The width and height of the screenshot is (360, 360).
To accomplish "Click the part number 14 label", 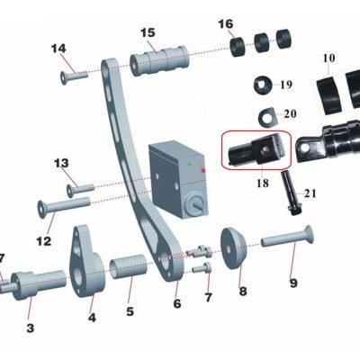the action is click(x=58, y=49).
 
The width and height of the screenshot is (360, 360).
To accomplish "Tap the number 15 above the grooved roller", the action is click(x=148, y=32).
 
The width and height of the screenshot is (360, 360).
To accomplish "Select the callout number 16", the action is click(x=226, y=23).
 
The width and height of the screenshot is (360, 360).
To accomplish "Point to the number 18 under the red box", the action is click(x=263, y=183).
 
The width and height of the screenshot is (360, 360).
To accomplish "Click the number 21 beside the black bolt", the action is click(x=310, y=193).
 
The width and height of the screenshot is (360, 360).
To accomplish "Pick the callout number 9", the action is click(x=293, y=283).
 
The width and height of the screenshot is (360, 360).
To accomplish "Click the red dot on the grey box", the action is click(x=203, y=171).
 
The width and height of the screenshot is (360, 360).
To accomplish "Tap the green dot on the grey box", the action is click(x=189, y=164).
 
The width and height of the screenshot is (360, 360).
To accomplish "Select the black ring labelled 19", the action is click(x=263, y=85).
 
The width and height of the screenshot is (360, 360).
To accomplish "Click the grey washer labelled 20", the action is click(x=268, y=117).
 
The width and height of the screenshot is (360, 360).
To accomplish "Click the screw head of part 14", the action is click(x=64, y=77).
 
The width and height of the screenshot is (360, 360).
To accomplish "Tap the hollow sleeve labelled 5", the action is click(x=127, y=266).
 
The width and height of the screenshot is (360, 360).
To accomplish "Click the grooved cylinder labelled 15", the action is click(x=159, y=61).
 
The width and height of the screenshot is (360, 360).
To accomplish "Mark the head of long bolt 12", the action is click(x=41, y=208).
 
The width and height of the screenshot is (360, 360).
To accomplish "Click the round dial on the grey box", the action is click(x=195, y=204).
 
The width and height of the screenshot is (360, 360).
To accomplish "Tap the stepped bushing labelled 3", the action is click(x=38, y=284).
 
